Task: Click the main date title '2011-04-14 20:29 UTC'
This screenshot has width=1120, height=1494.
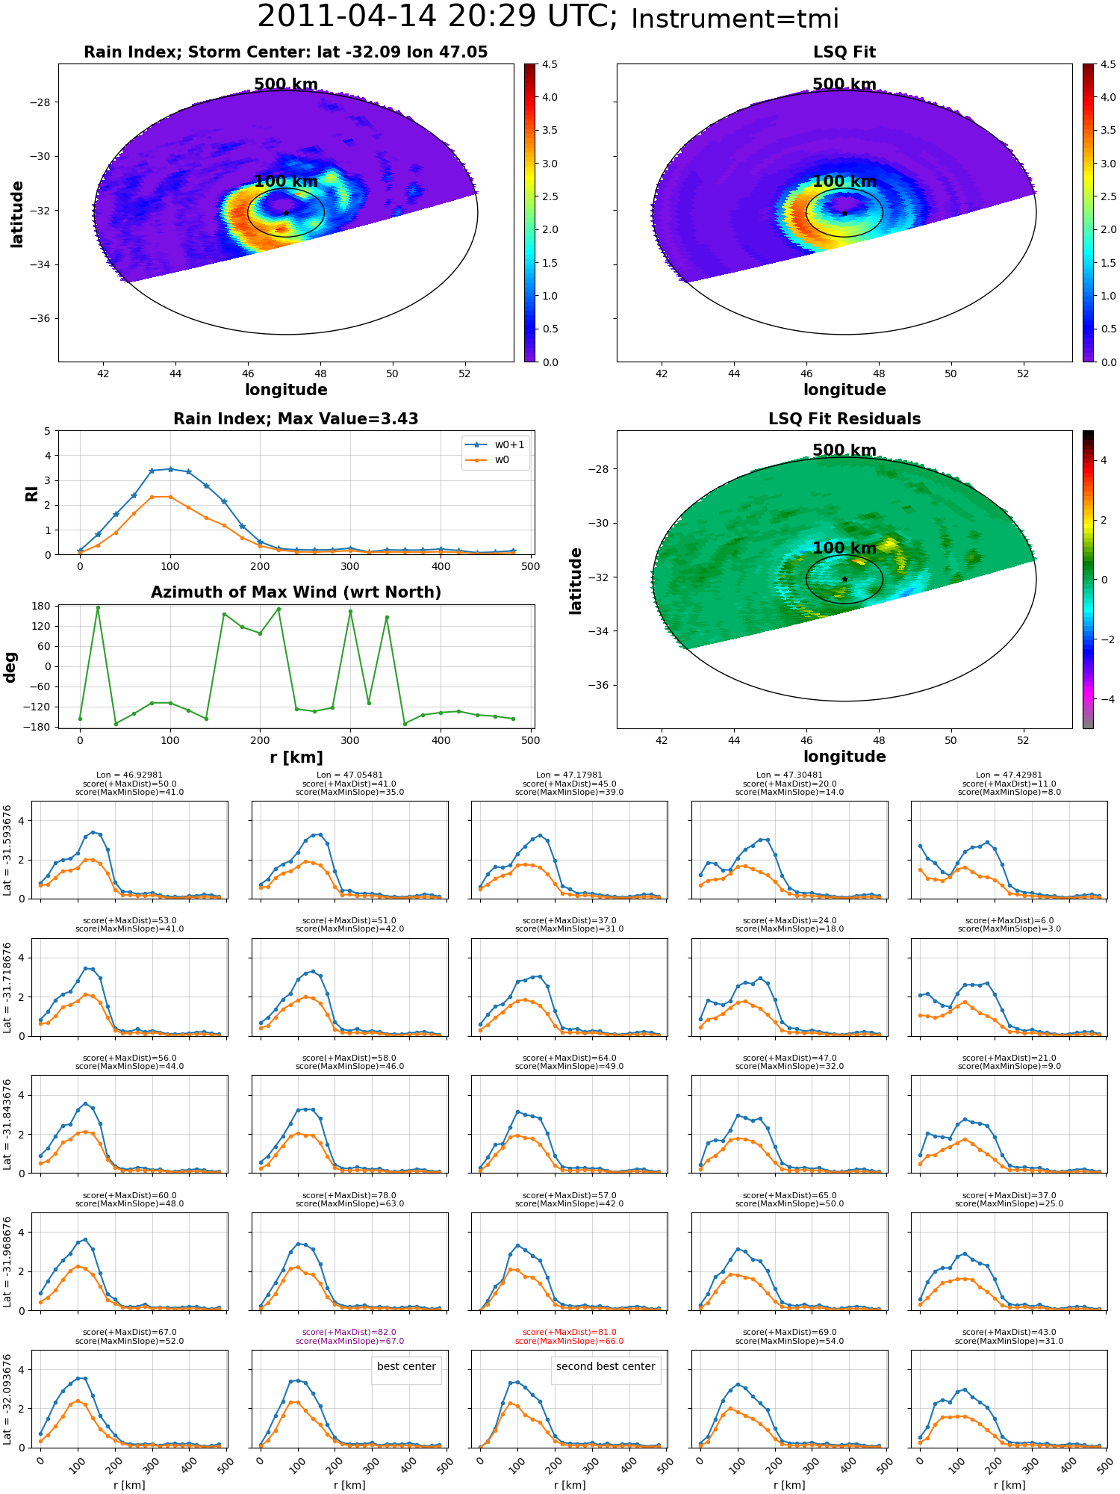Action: click(x=438, y=16)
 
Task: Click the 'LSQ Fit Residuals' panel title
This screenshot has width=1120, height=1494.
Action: click(x=844, y=419)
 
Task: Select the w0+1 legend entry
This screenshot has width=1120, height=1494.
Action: click(x=495, y=444)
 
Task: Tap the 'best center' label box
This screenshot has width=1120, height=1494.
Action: click(x=406, y=1366)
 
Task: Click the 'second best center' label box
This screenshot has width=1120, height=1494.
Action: click(x=606, y=1366)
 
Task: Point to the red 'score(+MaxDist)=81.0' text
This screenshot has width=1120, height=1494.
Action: click(x=570, y=1333)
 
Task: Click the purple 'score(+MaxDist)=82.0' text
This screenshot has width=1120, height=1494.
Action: click(x=349, y=1333)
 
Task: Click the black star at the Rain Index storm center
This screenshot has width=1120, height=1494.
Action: click(x=286, y=213)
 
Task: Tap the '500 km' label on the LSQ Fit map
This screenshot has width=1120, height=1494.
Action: click(x=844, y=84)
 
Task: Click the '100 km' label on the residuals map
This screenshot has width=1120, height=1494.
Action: click(x=844, y=548)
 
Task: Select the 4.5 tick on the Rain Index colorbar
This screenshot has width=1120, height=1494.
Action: click(x=550, y=64)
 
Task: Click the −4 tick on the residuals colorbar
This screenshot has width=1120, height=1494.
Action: click(x=1104, y=699)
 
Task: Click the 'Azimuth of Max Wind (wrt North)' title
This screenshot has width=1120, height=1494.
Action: click(x=296, y=592)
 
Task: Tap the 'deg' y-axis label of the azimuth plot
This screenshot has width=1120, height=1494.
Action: click(x=10, y=667)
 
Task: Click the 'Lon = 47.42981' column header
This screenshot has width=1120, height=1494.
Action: click(x=1009, y=775)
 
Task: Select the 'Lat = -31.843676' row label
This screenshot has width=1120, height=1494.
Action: click(x=7, y=1124)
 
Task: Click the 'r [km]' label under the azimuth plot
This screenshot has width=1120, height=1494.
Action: click(x=296, y=757)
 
